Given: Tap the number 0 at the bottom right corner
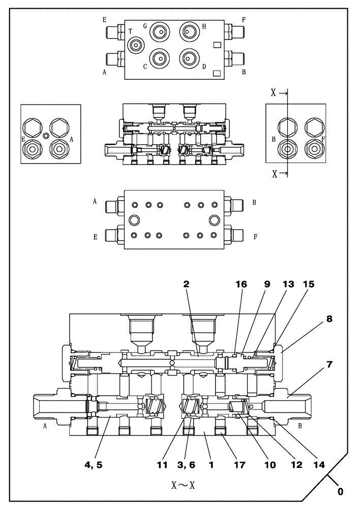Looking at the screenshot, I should coord(340,492).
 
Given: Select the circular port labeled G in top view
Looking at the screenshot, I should coord(160,31).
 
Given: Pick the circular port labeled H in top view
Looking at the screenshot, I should coord(189,31).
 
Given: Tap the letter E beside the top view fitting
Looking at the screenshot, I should coord(104,20).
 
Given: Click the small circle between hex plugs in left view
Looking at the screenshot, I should coord(46,135).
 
